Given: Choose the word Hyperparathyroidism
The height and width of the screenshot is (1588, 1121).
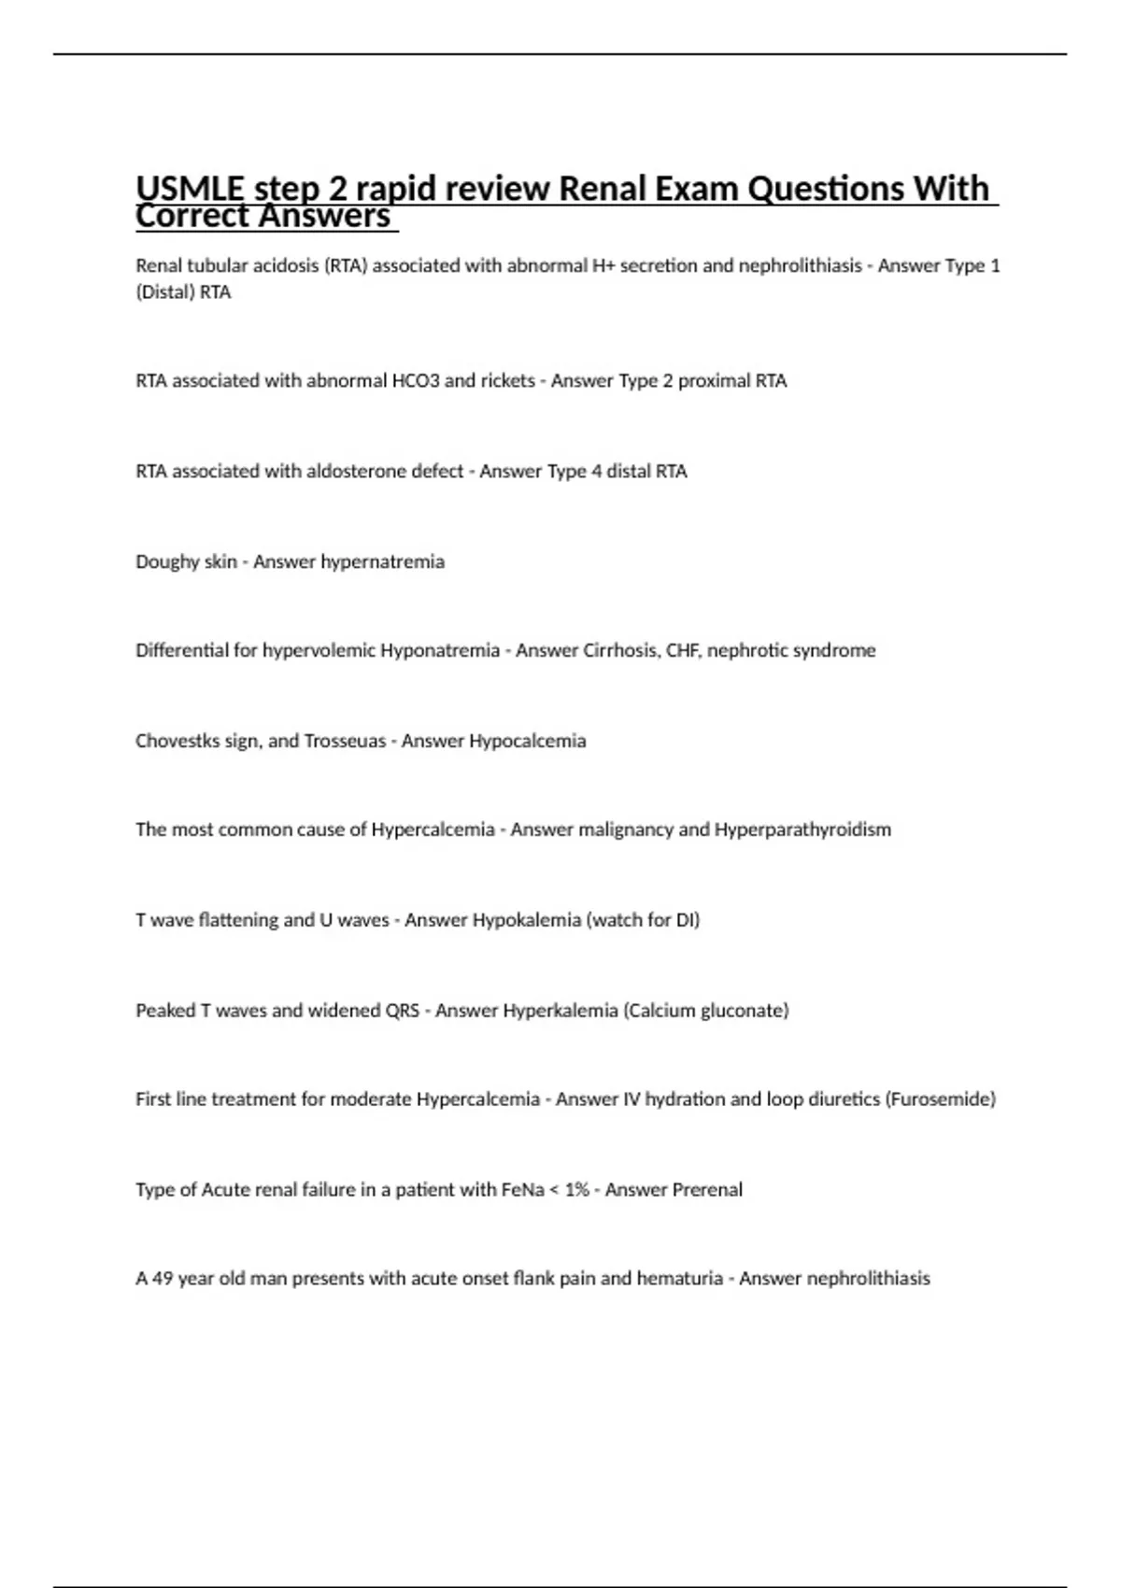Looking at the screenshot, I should click(x=802, y=829).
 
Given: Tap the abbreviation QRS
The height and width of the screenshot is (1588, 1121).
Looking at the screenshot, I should click(x=402, y=1011).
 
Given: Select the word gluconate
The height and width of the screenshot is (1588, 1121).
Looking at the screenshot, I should click(x=743, y=1011).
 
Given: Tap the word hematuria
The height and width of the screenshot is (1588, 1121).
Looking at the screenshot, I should click(x=679, y=1279).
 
